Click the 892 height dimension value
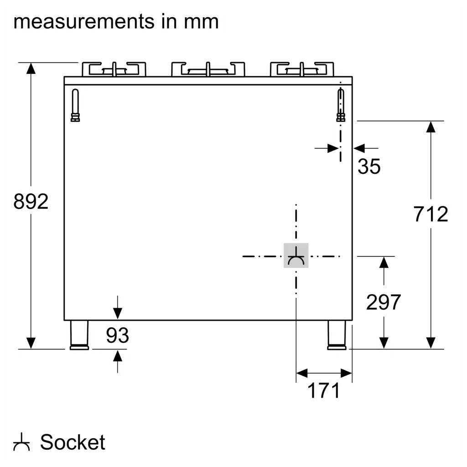coord(31,202)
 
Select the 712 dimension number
coord(431,214)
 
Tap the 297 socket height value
coord(384,302)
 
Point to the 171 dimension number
coord(324,390)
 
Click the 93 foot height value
coord(117,335)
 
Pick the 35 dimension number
coord(369,166)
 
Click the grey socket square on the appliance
coord(296,255)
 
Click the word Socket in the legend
coord(73,442)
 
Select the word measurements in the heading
coord(84,22)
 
